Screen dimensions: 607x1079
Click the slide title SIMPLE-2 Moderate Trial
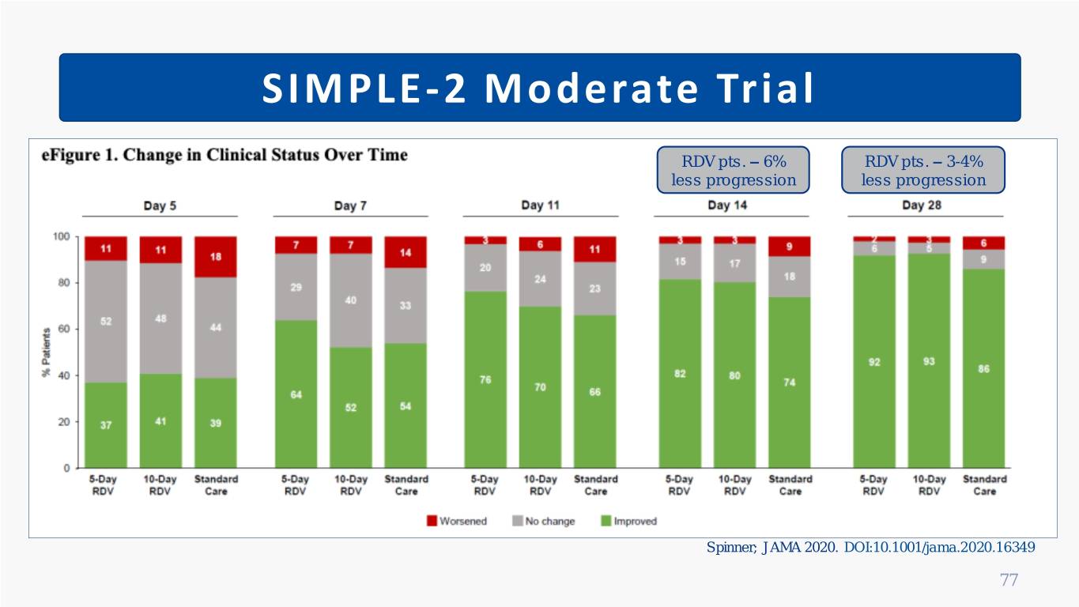coord(539,89)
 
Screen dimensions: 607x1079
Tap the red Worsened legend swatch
coord(432,521)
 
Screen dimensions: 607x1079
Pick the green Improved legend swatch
coord(607,521)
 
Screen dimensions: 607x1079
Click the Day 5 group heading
coord(160,205)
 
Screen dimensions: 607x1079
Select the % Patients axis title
coord(46,353)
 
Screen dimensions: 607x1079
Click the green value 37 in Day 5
coord(106,424)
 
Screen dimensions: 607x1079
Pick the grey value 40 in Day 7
coord(350,300)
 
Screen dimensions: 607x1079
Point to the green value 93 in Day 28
coord(929,362)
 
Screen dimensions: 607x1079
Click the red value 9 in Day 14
coord(790,247)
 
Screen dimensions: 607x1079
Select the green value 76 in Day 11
coord(485,380)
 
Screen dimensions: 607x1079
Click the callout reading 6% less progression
coord(733,170)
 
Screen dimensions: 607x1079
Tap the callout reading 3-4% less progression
coord(923,170)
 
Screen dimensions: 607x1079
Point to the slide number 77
coord(1009,581)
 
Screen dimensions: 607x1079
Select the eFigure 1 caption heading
coord(224,156)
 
